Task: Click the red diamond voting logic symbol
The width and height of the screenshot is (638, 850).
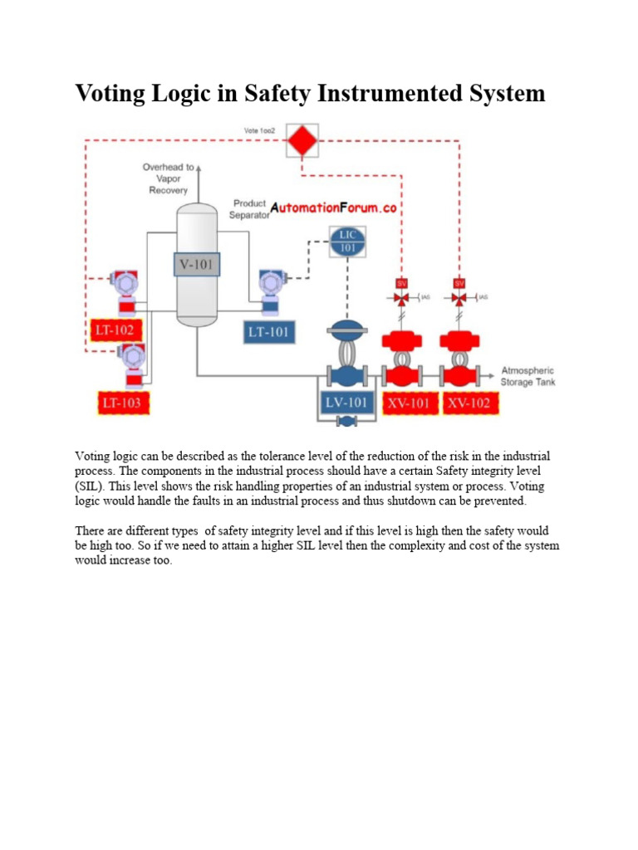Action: (x=302, y=140)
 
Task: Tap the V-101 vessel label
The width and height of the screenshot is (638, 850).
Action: (x=196, y=265)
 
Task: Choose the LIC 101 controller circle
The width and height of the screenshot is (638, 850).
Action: (x=346, y=242)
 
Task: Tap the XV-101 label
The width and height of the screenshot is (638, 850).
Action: (x=409, y=403)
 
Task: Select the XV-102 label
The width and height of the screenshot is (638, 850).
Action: (x=469, y=403)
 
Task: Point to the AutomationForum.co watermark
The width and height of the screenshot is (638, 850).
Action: (x=333, y=209)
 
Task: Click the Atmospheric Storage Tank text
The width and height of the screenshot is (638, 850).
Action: (x=527, y=376)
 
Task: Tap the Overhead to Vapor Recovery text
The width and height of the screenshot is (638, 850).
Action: (x=169, y=178)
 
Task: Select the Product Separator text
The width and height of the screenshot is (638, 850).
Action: (x=250, y=208)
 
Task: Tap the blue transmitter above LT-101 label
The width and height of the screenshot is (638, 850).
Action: (x=269, y=291)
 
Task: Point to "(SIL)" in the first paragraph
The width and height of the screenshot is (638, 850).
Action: (x=91, y=486)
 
